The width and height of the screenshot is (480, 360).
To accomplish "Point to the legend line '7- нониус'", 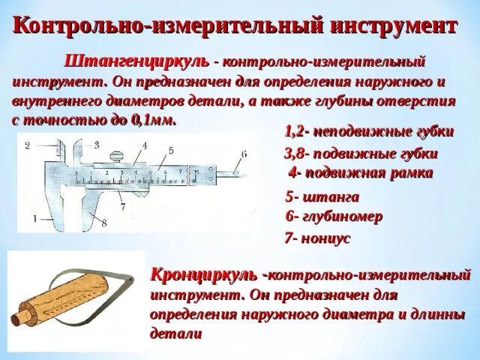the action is [318, 238].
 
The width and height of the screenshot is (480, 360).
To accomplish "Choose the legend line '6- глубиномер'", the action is [334, 216].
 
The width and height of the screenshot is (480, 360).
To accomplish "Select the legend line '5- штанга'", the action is [322, 197].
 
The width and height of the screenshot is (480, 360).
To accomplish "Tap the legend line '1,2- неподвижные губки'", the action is [369, 131].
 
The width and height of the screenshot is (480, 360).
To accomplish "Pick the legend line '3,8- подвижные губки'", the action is [361, 154].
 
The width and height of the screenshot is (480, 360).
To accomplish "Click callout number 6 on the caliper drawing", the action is [243, 154].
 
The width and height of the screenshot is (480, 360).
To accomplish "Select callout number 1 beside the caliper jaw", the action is [34, 217].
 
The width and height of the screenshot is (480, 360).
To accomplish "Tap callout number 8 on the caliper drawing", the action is [104, 222].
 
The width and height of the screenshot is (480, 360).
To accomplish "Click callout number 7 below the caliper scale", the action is [122, 205].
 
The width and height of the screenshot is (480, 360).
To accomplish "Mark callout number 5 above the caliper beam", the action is [171, 150].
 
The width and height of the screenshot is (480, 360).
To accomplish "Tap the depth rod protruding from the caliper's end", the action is [229, 175].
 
